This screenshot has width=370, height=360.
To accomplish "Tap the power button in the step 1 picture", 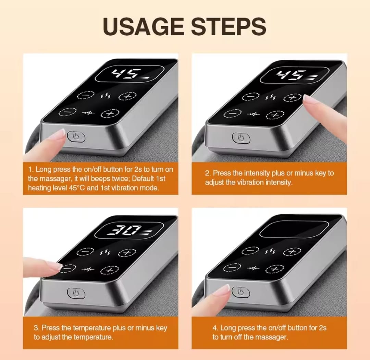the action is [x=76, y=136].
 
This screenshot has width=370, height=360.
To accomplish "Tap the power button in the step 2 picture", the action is [x=241, y=138].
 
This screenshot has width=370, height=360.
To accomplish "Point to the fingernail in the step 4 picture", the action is [x=226, y=289].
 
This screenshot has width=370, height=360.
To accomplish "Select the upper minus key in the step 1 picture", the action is [x=86, y=95].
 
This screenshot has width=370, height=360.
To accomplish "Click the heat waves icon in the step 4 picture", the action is [x=270, y=251].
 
